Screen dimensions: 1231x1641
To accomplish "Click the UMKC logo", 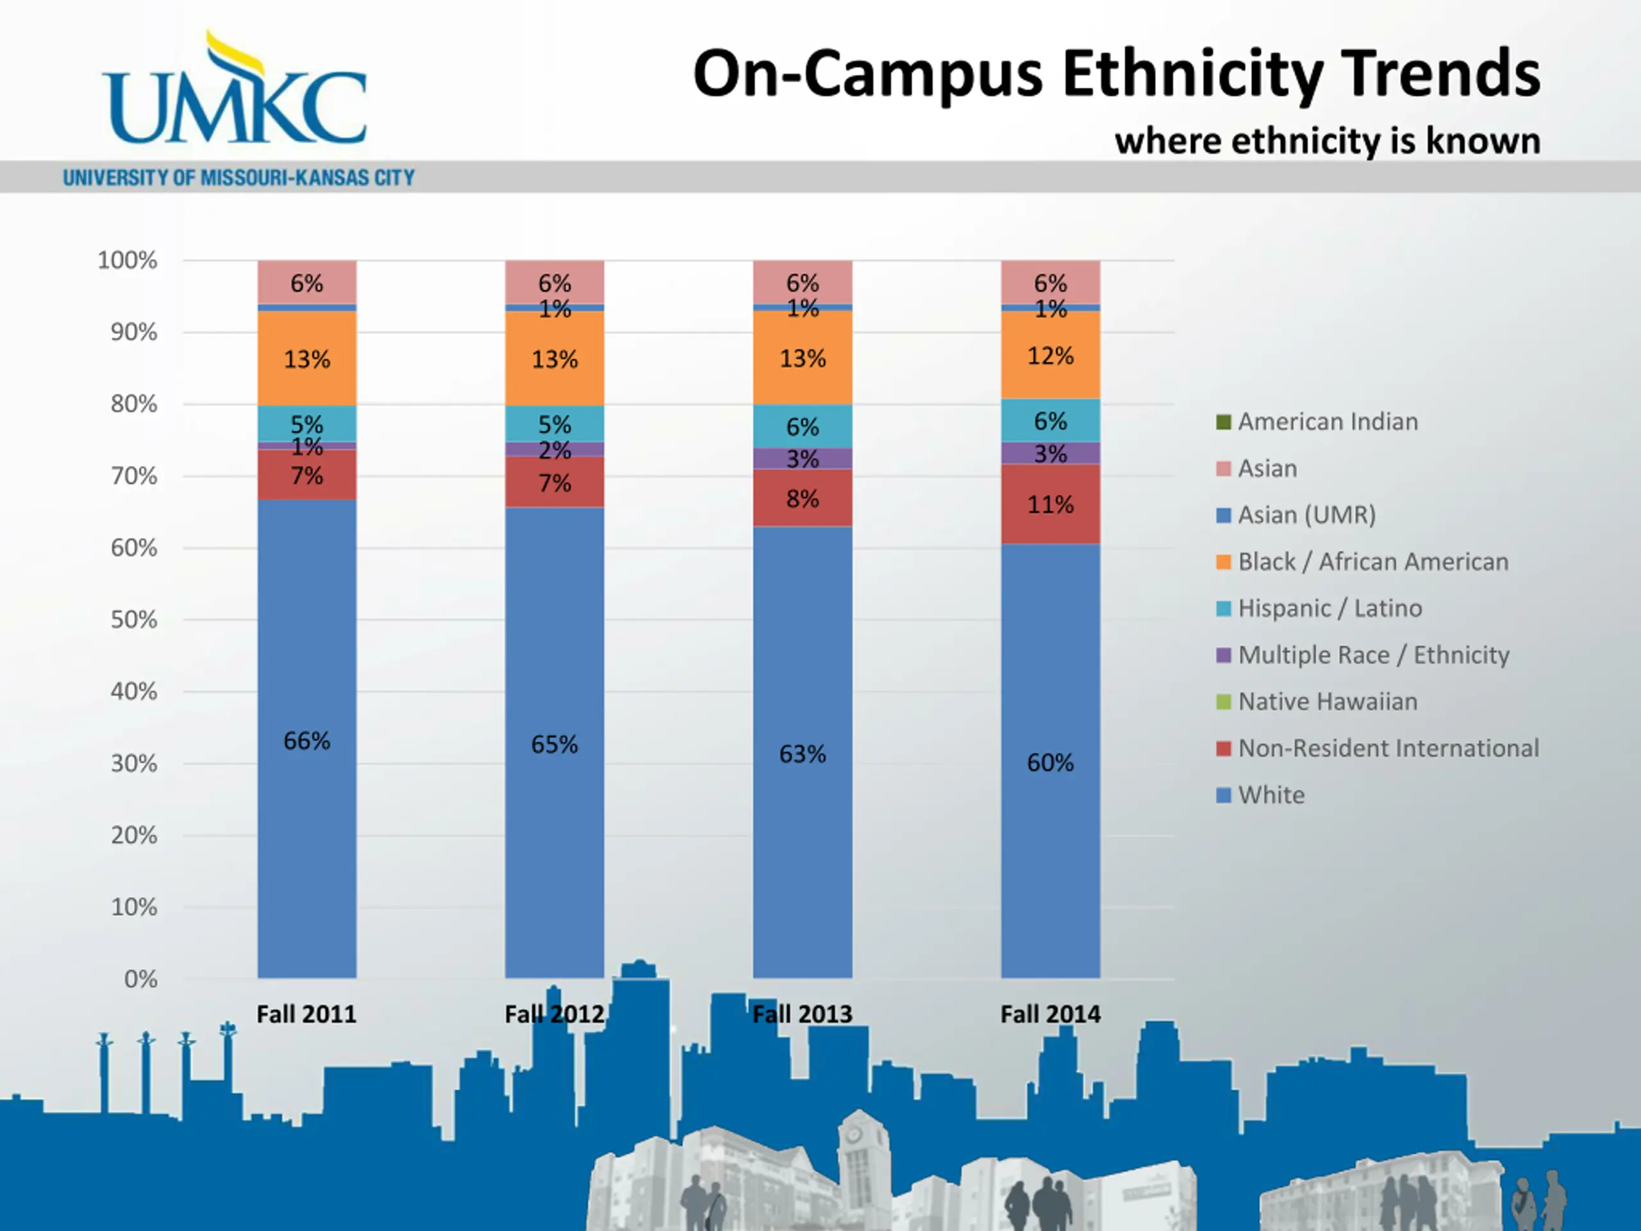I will click(235, 93).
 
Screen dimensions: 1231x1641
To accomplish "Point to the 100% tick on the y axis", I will click(128, 260).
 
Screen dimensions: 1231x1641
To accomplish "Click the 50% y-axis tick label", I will click(134, 619).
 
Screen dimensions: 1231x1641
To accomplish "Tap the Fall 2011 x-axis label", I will click(306, 1014).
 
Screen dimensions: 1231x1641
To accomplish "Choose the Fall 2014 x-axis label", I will click(1051, 1014).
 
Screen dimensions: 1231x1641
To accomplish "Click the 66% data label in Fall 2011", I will click(306, 741).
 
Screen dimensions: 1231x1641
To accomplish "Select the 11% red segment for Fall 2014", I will click(1051, 505).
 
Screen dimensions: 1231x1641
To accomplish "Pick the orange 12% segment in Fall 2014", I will click(1051, 356).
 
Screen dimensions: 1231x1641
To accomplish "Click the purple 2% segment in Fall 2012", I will click(554, 449).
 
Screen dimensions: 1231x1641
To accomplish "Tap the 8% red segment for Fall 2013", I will click(803, 499).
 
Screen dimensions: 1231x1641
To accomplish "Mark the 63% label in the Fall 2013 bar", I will click(803, 754).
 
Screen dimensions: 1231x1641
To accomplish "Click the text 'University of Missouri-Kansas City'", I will click(239, 178).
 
